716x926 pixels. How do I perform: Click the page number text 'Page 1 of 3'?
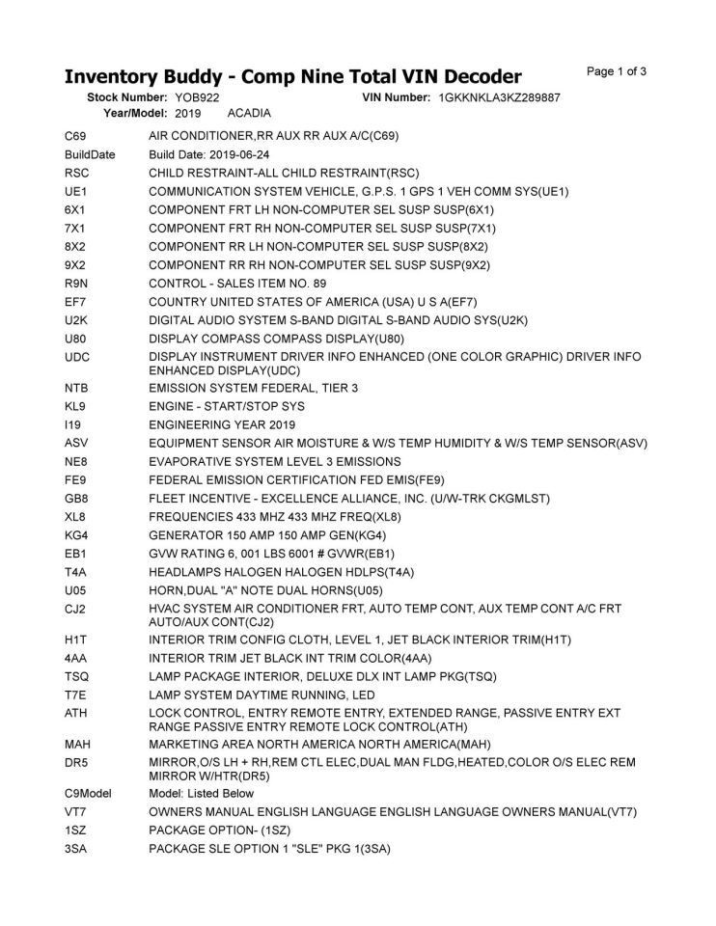point(617,71)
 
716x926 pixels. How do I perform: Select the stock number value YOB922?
point(198,98)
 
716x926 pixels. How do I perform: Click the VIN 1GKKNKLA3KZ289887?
point(500,98)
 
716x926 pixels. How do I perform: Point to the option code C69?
point(75,137)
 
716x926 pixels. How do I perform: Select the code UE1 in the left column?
point(75,192)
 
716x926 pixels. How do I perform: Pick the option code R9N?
point(76,284)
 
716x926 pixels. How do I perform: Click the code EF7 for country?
point(75,302)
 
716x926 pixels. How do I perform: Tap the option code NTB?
point(76,388)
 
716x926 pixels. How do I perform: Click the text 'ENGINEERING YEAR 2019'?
point(222,424)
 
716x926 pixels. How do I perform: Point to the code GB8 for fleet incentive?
point(76,498)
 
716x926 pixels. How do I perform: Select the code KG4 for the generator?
point(76,534)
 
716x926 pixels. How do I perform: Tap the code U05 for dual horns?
point(75,589)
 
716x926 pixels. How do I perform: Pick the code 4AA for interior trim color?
point(75,658)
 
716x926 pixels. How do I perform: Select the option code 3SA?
point(75,848)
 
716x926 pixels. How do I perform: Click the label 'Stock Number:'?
point(128,98)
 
